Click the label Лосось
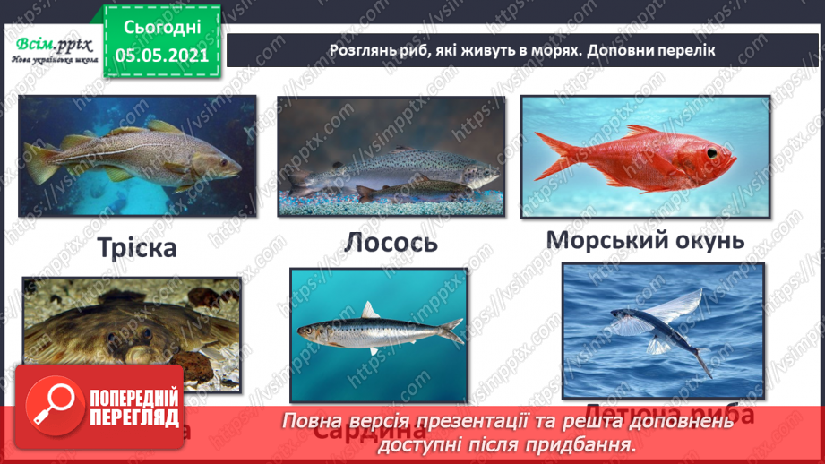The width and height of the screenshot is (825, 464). (x=390, y=242)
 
